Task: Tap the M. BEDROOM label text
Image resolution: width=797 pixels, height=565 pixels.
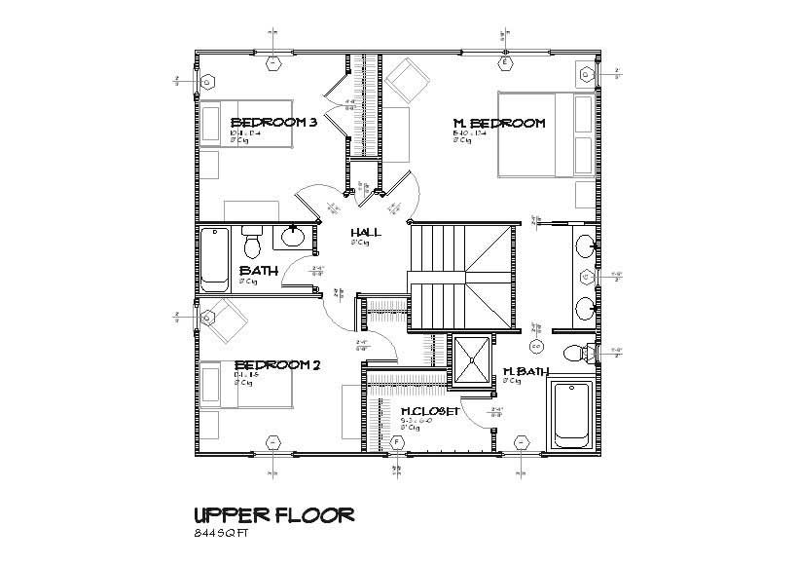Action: (498, 124)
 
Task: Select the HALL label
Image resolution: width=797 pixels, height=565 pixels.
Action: (366, 233)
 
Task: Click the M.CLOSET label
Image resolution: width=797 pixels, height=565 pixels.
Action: (429, 411)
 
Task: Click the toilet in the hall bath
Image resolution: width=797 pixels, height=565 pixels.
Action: (253, 239)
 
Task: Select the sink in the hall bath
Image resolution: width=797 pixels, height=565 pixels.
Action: (293, 235)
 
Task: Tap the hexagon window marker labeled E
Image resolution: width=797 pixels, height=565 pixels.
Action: (504, 63)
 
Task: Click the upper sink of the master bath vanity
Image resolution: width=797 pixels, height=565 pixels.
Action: (586, 245)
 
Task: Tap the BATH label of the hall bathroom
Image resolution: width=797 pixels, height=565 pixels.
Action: (259, 271)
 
